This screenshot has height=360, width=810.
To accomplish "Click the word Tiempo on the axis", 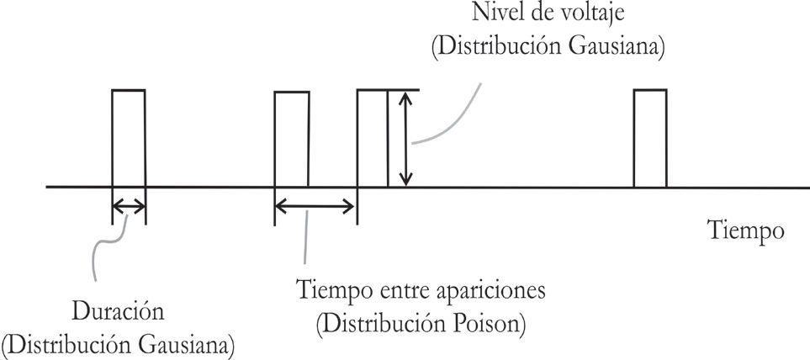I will click(x=746, y=230).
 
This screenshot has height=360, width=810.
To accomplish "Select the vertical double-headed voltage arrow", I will click(x=406, y=138).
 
